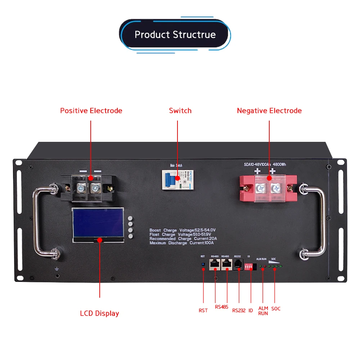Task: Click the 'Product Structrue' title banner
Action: [x=175, y=35]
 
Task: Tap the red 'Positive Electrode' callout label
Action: [x=91, y=111]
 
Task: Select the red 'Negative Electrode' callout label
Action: [x=269, y=111]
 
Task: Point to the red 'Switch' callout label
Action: [x=180, y=111]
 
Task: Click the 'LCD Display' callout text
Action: [x=99, y=313]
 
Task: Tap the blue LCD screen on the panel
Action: [x=97, y=225]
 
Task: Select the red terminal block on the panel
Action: [x=268, y=188]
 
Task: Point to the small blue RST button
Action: [x=203, y=266]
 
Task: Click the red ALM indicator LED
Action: [x=265, y=266]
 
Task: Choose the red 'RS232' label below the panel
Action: [x=238, y=310]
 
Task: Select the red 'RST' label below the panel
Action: [x=203, y=310]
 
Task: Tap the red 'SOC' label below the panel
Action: [x=276, y=309]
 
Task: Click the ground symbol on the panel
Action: [x=56, y=269]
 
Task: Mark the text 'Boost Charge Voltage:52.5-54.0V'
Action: [x=183, y=230]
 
